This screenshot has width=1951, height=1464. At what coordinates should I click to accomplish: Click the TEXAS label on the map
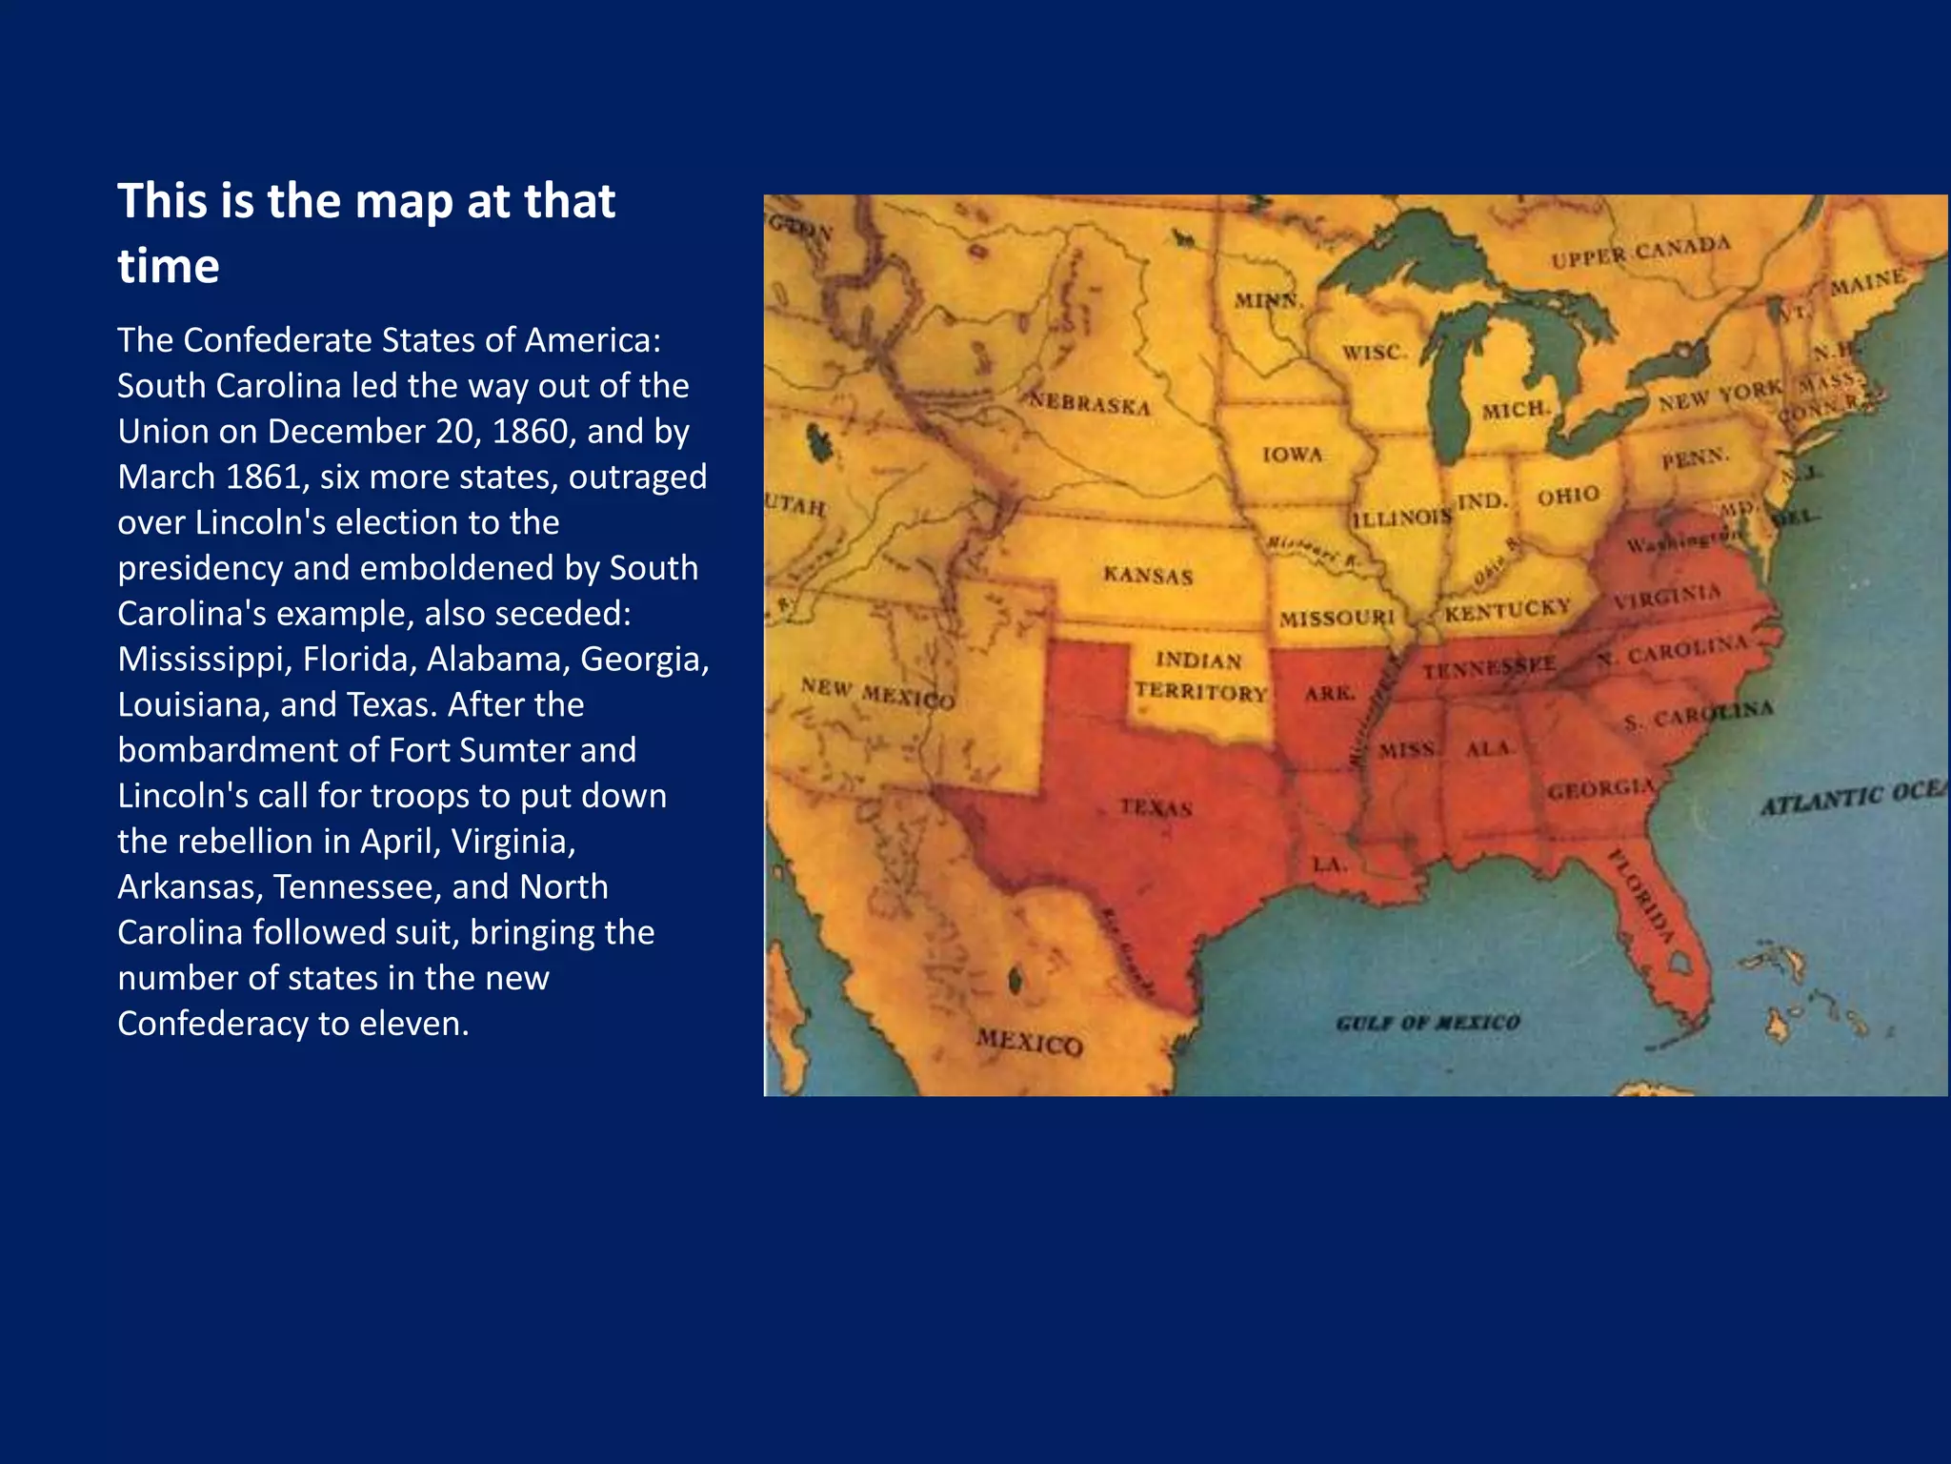click(x=1157, y=807)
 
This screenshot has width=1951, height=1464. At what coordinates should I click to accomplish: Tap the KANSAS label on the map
click(x=1148, y=575)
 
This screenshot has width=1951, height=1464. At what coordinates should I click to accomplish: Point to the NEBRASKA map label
click(x=1089, y=404)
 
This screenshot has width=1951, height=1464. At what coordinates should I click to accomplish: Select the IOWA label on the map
click(x=1293, y=455)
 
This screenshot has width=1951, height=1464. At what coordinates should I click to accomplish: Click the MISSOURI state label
click(x=1337, y=618)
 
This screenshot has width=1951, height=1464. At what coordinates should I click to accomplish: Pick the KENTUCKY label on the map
click(x=1507, y=610)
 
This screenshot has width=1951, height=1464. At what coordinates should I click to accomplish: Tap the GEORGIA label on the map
click(x=1600, y=789)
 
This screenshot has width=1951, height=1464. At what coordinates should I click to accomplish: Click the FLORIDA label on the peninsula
click(x=1641, y=893)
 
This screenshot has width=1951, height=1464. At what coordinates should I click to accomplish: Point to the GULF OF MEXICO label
click(x=1427, y=1023)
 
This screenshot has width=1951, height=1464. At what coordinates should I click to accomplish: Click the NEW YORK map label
click(x=1720, y=396)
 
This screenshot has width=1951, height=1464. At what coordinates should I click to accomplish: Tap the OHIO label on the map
click(x=1568, y=496)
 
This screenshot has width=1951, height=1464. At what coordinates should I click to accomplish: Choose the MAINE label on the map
click(x=1868, y=282)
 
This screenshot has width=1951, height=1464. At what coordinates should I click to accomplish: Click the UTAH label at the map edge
click(x=795, y=504)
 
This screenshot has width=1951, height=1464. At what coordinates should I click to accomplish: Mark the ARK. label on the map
click(x=1330, y=693)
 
